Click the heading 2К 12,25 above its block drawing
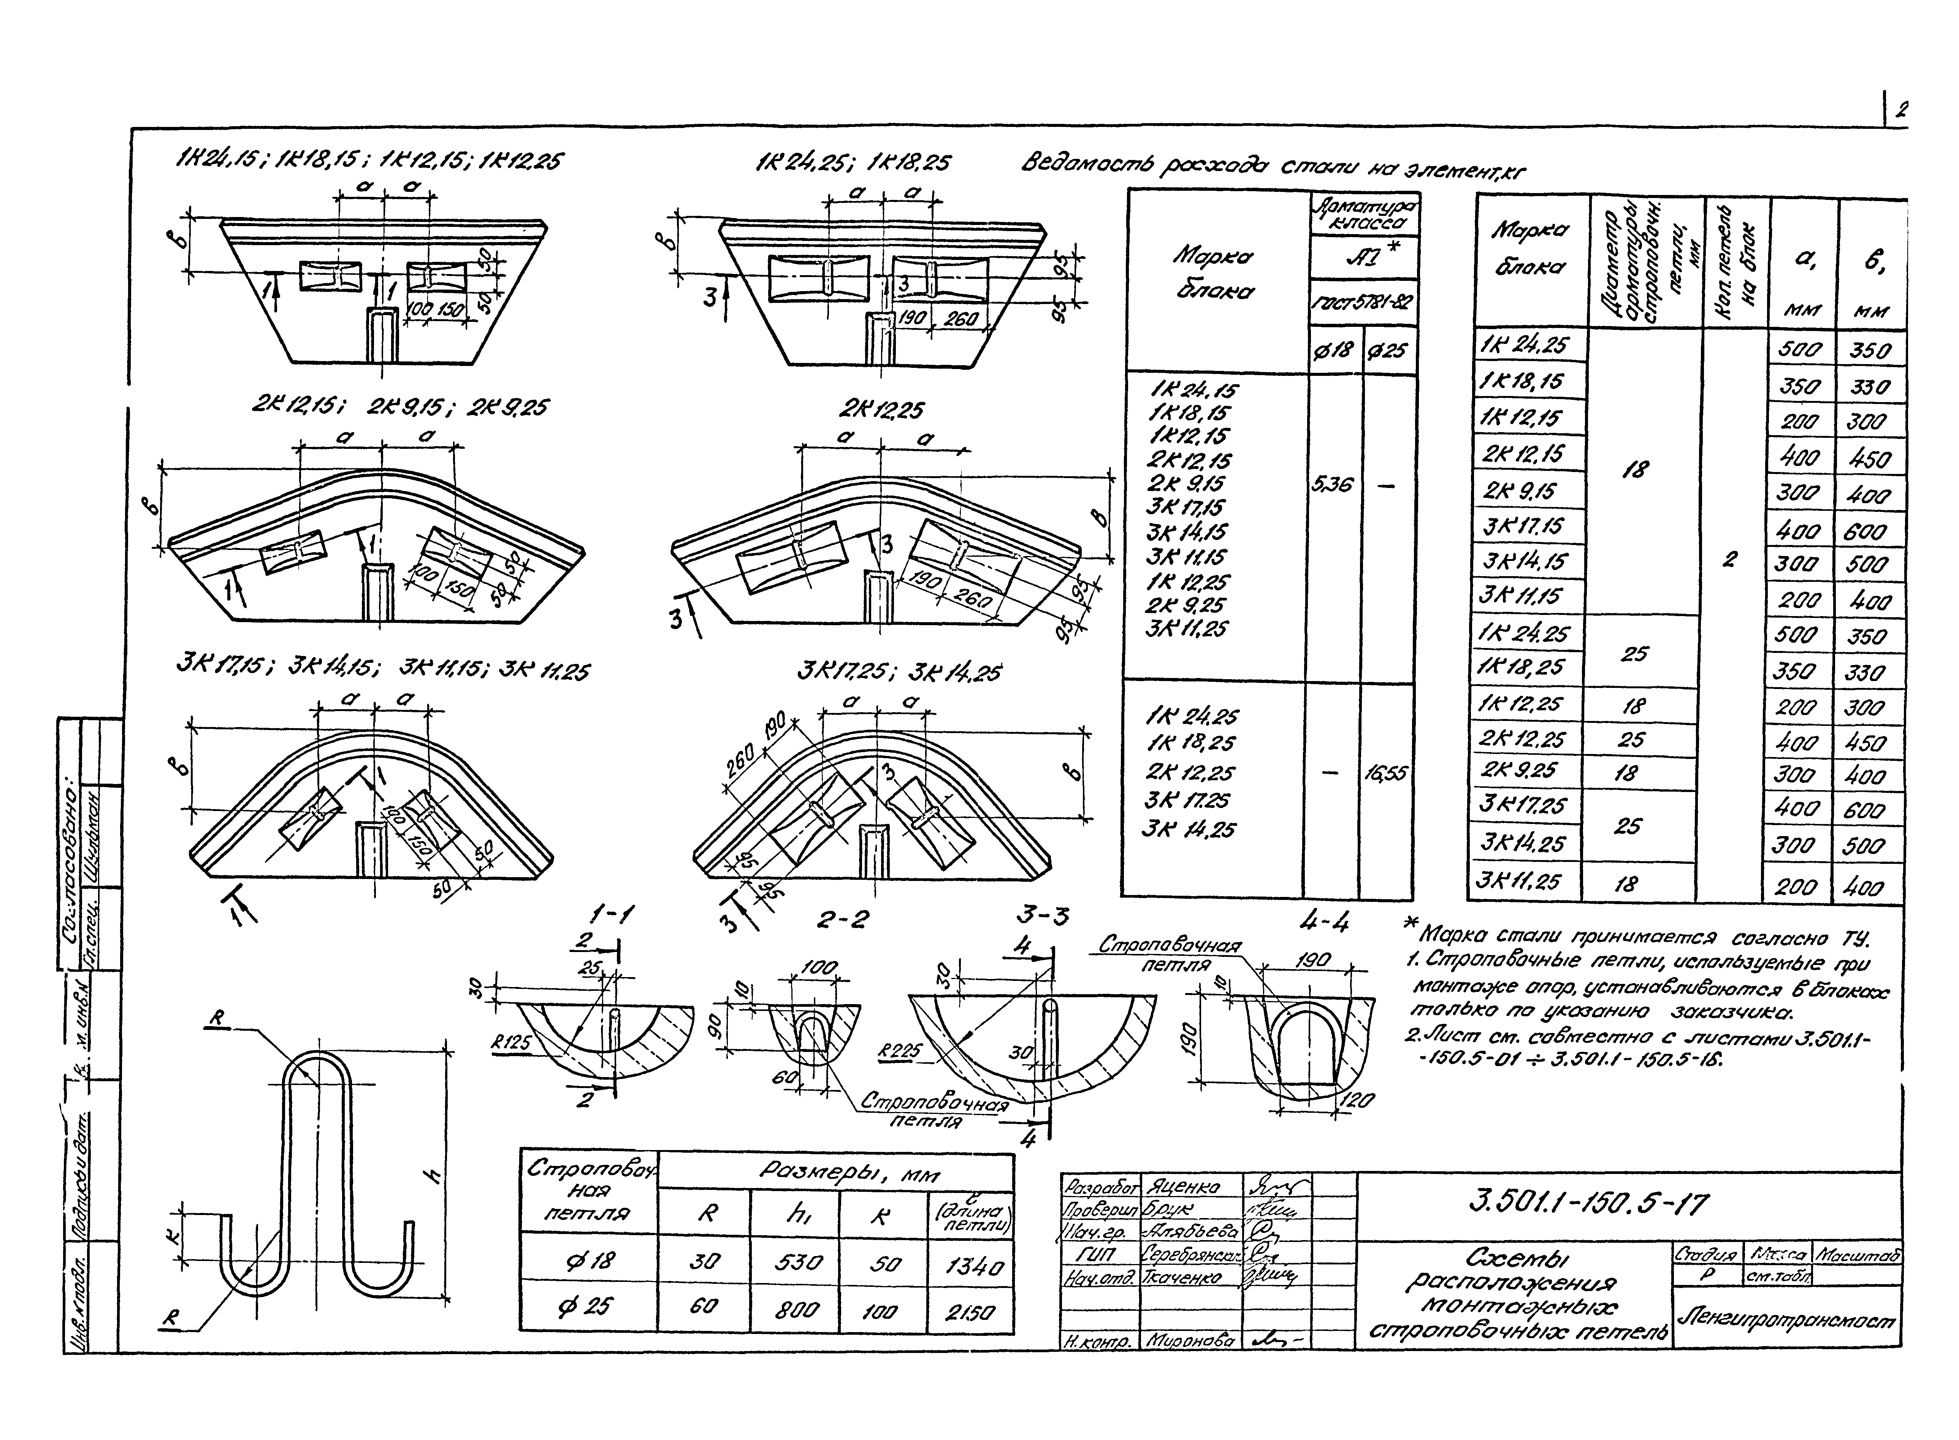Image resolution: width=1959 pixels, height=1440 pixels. [x=881, y=410]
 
